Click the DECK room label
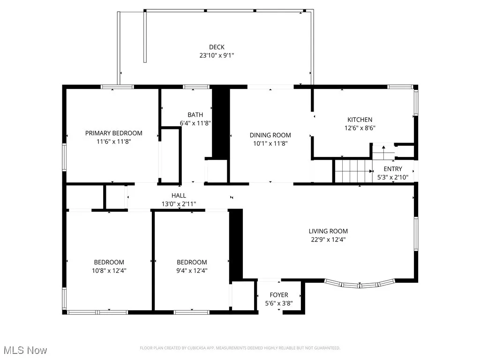pyautogui.click(x=217, y=47)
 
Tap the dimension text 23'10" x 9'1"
pyautogui.click(x=217, y=55)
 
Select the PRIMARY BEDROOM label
pyautogui.click(x=113, y=133)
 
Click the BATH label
pyautogui.click(x=195, y=115)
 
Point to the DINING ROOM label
pyautogui.click(x=270, y=135)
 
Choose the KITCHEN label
pyautogui.click(x=360, y=120)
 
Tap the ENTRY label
pyautogui.click(x=393, y=169)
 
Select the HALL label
pyautogui.click(x=179, y=195)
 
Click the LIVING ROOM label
pyautogui.click(x=328, y=231)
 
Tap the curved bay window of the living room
pyautogui.click(x=359, y=284)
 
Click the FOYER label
pyautogui.click(x=279, y=295)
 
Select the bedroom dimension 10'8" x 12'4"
pyautogui.click(x=109, y=270)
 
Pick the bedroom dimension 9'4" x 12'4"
pyautogui.click(x=192, y=270)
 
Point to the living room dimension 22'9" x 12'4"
pyautogui.click(x=328, y=239)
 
